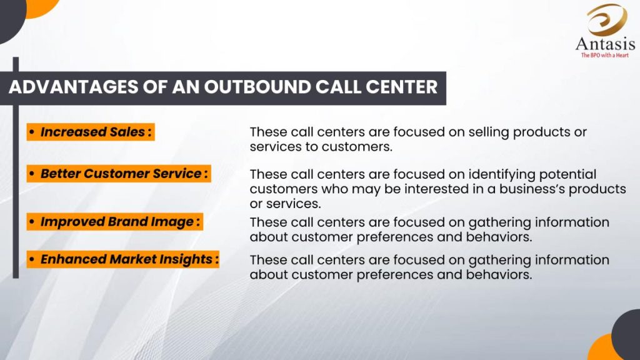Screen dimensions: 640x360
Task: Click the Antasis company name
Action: pyautogui.click(x=605, y=44)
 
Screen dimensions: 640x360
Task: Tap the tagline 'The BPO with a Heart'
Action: pyautogui.click(x=605, y=55)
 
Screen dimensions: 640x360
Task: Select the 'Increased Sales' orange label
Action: pyautogui.click(x=91, y=132)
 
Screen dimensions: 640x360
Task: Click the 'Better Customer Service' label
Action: pyautogui.click(x=119, y=174)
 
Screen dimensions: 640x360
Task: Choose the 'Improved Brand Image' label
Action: pyautogui.click(x=115, y=222)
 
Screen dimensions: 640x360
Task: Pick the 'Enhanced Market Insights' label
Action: pyautogui.click(x=123, y=259)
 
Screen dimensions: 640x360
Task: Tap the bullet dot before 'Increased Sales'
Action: pyautogui.click(x=32, y=132)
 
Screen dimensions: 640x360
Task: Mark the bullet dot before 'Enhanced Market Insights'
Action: pyautogui.click(x=32, y=259)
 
